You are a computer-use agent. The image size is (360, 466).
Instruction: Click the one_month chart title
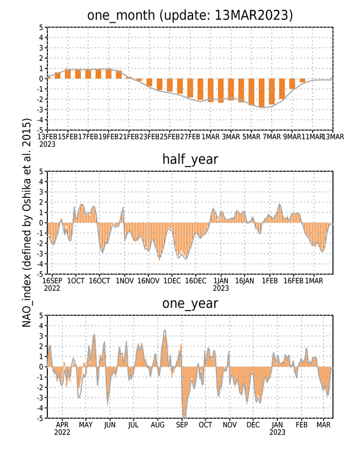(x=190, y=15)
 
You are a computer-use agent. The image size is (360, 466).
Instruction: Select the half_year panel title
(x=190, y=159)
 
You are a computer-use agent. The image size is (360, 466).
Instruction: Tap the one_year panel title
(x=190, y=303)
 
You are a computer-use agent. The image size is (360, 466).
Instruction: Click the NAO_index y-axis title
(x=27, y=222)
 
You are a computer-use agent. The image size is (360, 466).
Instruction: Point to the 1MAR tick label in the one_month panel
(x=210, y=136)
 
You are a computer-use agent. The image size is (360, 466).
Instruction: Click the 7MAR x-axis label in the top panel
(x=272, y=136)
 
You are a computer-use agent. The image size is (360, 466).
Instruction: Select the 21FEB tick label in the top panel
(x=129, y=136)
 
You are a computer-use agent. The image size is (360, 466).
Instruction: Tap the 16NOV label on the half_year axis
(x=148, y=281)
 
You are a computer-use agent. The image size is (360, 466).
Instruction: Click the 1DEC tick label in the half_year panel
(x=172, y=281)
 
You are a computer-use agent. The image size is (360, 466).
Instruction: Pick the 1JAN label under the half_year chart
(x=221, y=281)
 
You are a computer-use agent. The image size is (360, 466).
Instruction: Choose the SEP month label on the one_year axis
(x=182, y=425)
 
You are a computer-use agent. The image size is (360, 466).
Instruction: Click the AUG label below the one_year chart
(x=158, y=425)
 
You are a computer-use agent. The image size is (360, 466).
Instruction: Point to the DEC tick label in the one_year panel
(x=253, y=425)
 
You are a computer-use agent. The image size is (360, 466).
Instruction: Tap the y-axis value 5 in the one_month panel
(x=41, y=27)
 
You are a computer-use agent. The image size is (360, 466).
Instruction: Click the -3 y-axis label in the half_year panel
(x=40, y=254)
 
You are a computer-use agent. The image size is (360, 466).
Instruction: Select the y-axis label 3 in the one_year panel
(x=41, y=336)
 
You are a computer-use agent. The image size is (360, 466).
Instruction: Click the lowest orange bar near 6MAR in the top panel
(x=262, y=93)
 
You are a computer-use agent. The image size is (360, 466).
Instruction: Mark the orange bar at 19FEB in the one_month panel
(x=109, y=74)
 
